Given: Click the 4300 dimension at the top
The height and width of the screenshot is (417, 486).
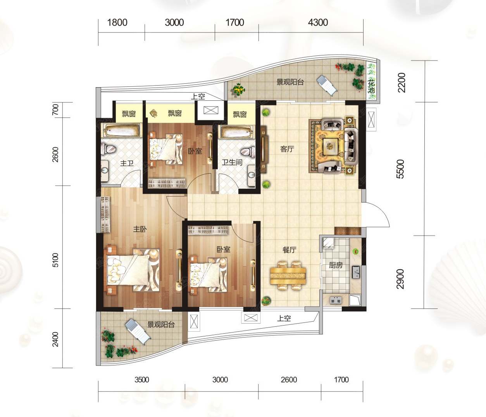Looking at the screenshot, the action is (x=318, y=22).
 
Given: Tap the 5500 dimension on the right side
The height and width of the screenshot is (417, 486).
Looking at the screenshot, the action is (x=400, y=169).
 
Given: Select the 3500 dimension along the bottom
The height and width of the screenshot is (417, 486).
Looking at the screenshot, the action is (x=142, y=380).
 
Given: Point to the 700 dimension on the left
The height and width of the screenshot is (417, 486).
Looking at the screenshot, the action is (x=55, y=110).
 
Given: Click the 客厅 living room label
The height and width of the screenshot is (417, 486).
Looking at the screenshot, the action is (x=287, y=149).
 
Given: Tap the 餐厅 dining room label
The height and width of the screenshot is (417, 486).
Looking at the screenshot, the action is (x=290, y=250).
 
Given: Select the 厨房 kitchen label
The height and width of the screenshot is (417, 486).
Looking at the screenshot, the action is (x=336, y=265).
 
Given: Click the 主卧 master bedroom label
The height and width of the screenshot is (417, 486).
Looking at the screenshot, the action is (x=140, y=229).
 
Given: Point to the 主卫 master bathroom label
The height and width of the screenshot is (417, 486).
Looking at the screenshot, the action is (x=127, y=163).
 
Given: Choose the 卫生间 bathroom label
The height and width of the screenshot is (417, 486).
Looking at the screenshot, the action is (x=232, y=162).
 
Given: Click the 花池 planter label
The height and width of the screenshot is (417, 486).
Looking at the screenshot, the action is (x=372, y=86).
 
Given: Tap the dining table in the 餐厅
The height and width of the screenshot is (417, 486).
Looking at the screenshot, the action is (x=288, y=276).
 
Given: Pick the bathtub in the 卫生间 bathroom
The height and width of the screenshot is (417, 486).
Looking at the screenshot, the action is (x=237, y=132).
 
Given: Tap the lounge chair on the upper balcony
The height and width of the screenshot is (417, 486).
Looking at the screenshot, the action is (x=327, y=85).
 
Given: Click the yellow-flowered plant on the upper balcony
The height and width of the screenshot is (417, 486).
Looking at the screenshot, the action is (x=239, y=90).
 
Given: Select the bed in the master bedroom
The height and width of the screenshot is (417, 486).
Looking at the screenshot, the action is (x=133, y=271).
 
